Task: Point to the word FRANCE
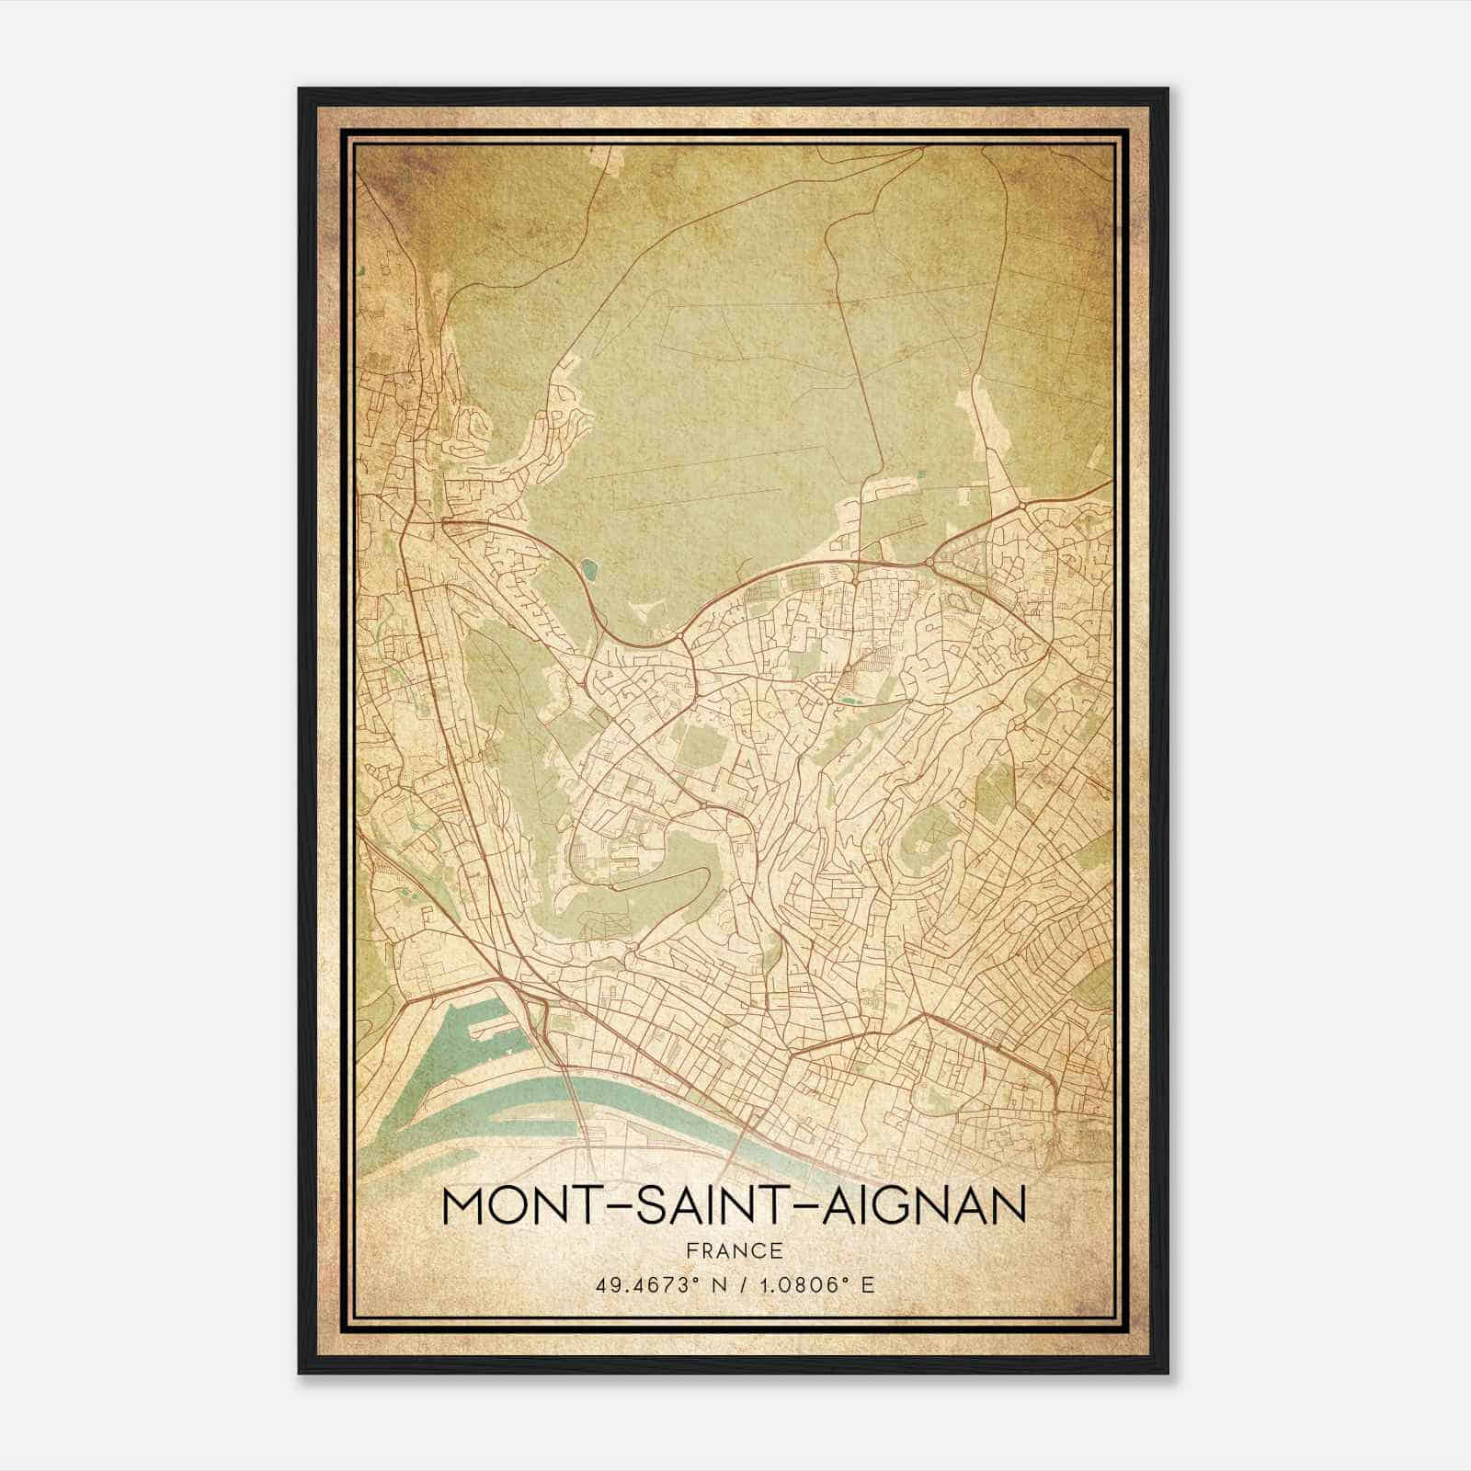734,1250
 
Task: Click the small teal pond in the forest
588,570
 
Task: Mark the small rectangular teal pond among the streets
846,701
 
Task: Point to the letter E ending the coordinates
868,1284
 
